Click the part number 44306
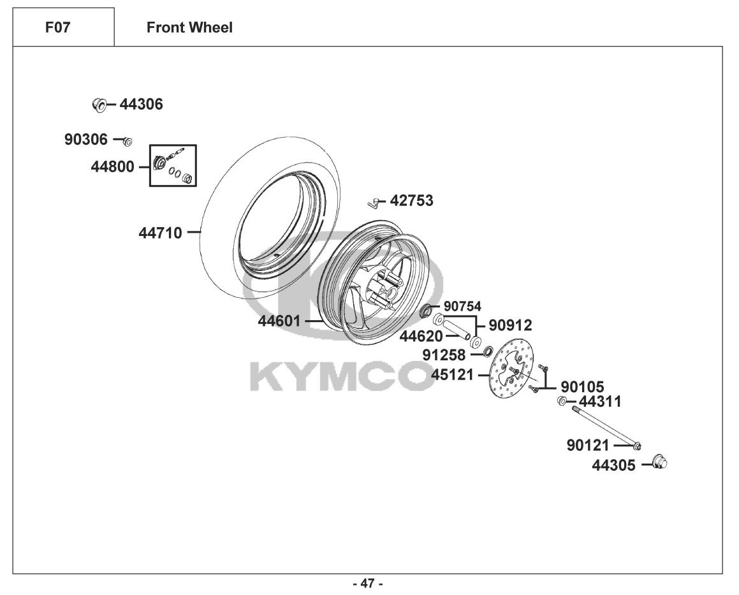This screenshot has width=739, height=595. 141,105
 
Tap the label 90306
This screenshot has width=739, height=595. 86,139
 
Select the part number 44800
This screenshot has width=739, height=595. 113,167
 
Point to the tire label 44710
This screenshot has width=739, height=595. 160,233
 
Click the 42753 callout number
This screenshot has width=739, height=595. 411,201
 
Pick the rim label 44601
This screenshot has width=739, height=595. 279,321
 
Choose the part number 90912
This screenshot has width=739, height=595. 510,325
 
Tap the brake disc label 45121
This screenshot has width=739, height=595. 453,375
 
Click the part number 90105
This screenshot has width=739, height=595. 583,387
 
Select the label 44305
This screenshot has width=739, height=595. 613,466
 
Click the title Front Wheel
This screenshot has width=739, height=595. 189,27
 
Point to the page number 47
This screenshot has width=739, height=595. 367,584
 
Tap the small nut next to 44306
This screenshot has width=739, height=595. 98,105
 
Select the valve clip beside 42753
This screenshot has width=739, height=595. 374,203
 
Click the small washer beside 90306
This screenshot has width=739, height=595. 127,140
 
